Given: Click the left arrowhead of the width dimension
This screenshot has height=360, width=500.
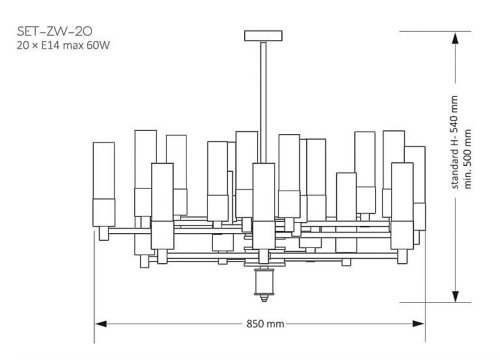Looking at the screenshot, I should point(101,323).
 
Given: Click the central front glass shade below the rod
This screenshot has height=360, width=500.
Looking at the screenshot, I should point(264,195).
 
